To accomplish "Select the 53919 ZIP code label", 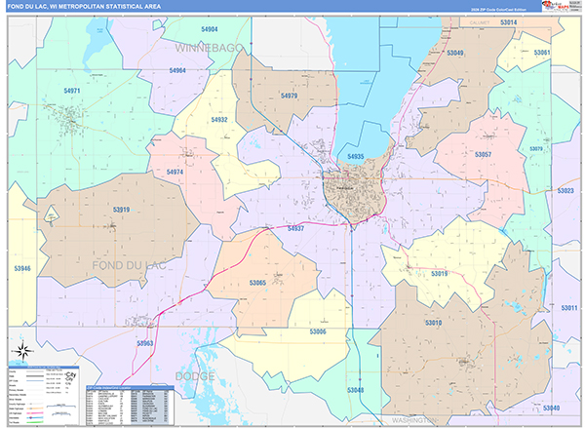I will pos(121,209).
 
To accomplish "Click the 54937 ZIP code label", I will pos(295,228).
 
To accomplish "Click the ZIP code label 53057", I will pos(483,155).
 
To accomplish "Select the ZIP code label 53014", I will pos(508,21).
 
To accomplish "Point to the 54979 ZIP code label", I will pos(288,96).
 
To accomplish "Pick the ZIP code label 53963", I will pos(144,343).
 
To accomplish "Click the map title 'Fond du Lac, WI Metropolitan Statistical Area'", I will pos(83,7).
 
